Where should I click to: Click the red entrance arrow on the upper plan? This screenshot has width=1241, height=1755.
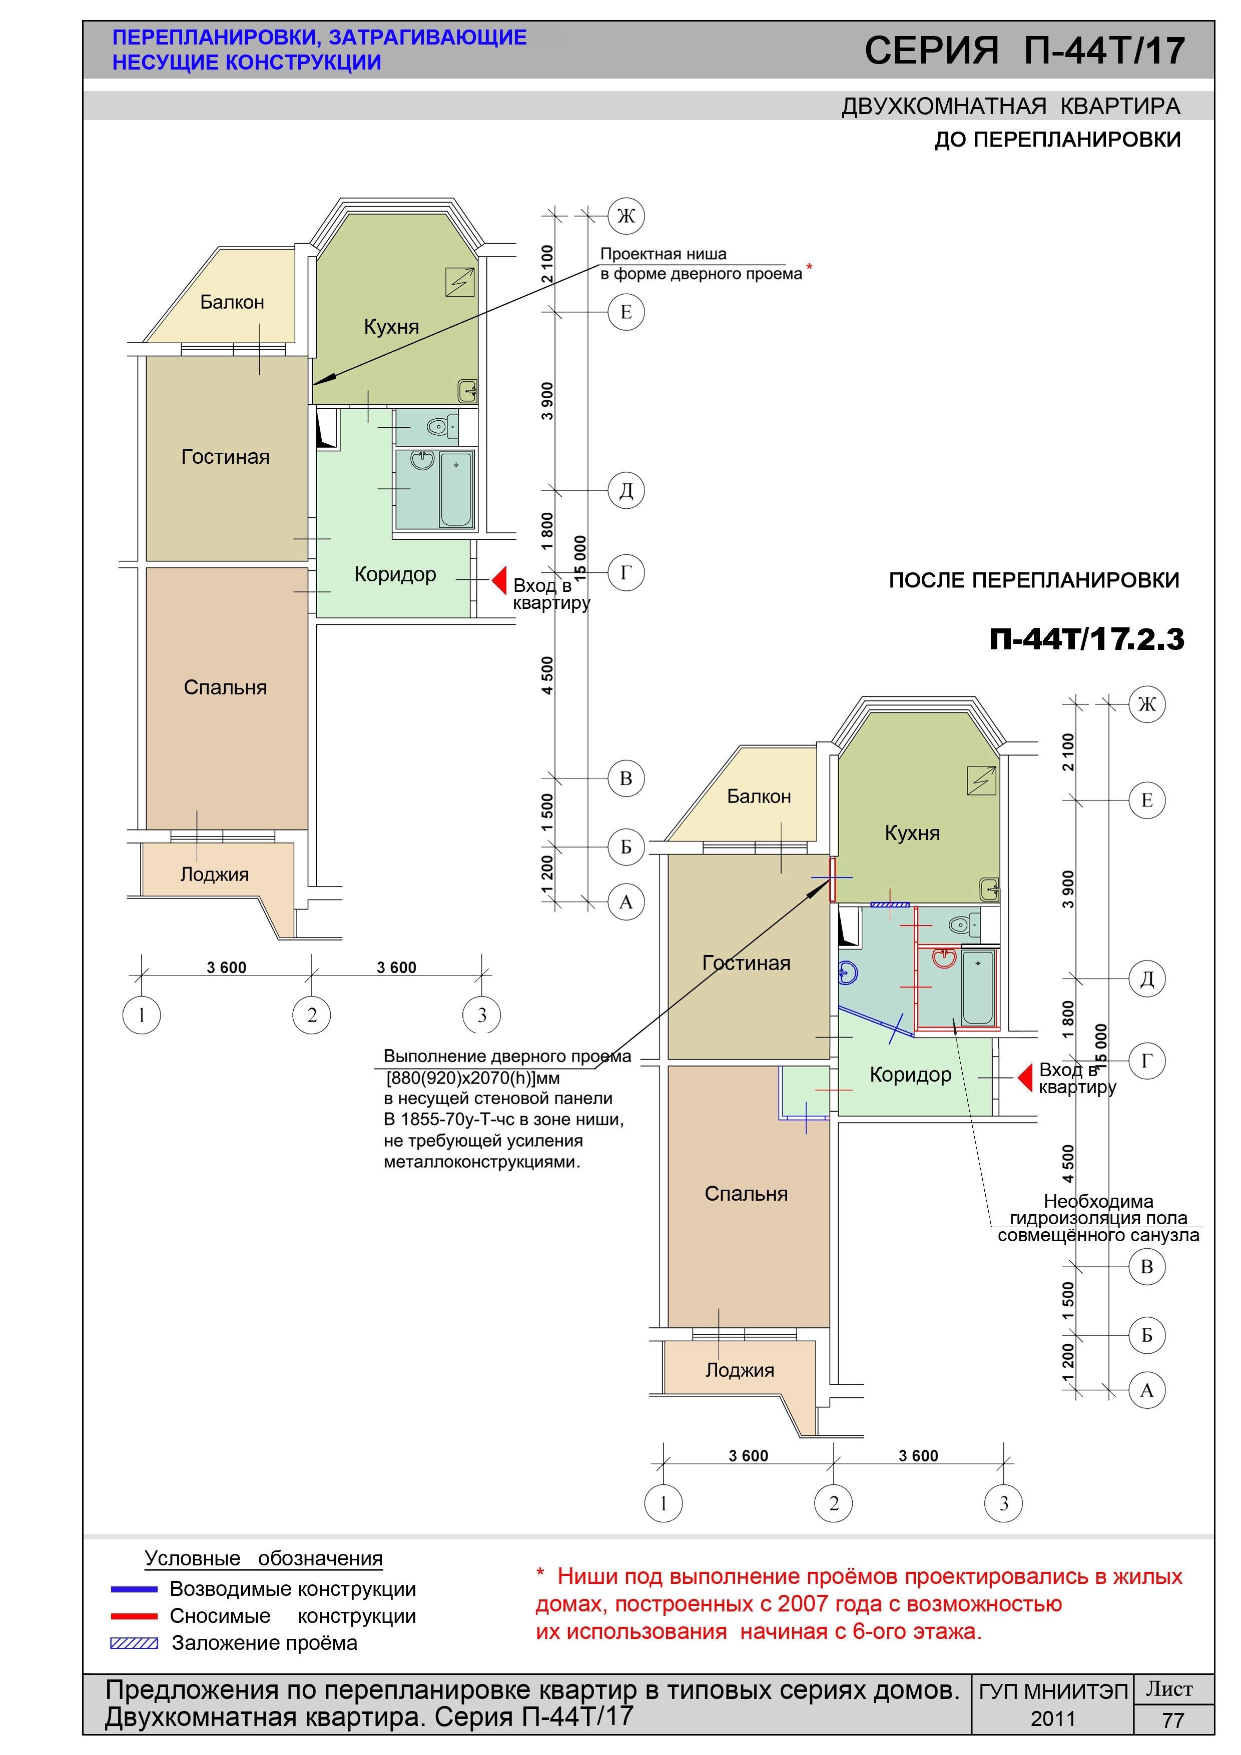click(499, 580)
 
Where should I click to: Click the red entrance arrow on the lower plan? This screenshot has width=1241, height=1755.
click(1025, 1077)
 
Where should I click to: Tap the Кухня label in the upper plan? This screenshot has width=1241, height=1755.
click(391, 327)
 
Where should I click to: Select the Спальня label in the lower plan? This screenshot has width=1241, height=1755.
click(746, 1194)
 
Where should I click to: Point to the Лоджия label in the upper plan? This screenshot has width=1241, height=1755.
click(215, 874)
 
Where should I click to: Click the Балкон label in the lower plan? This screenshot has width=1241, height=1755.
click(759, 796)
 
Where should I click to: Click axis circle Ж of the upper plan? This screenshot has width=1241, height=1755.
click(626, 216)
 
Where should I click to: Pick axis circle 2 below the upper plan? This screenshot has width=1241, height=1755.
click(312, 1015)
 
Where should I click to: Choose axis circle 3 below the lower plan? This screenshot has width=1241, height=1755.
click(1004, 1503)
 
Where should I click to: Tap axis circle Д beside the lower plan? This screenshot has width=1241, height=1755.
click(1147, 979)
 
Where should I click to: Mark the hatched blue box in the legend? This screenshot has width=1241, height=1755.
click(135, 1643)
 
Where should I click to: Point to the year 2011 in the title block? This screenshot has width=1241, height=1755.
click(1053, 1719)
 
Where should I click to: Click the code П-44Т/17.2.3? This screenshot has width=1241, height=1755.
click(1086, 639)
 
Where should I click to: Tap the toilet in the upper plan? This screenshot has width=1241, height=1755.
click(440, 427)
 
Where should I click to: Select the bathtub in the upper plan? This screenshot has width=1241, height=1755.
click(456, 488)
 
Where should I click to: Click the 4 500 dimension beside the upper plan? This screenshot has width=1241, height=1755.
click(547, 676)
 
